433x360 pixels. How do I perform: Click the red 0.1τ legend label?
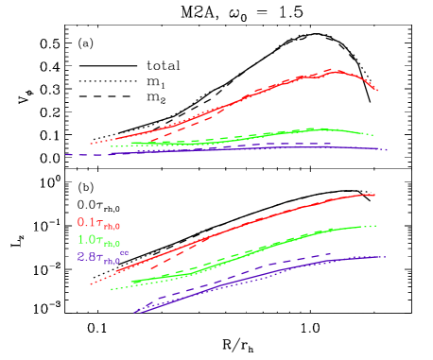pos(98,224)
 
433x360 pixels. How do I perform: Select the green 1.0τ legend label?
pos(98,240)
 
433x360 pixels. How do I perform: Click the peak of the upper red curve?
pos(338,70)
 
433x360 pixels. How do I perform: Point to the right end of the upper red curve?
pos(378,91)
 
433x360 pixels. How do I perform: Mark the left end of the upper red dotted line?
pos(91,144)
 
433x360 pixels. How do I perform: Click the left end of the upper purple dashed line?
pos(66,154)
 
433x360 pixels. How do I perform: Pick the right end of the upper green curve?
pos(374,134)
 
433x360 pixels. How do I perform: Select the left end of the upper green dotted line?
pos(112,146)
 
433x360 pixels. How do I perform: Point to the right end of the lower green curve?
pos(377,226)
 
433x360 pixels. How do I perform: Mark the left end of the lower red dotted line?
pos(91,283)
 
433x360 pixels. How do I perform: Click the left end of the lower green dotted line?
pos(112,289)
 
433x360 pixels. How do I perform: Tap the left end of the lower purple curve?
pos(137,311)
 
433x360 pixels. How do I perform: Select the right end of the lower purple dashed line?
pos(331,253)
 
